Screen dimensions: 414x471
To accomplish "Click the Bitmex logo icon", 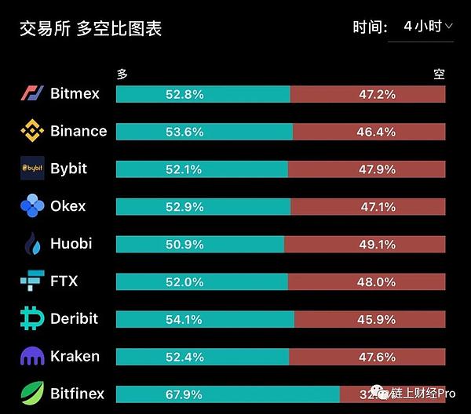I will pos(32,93).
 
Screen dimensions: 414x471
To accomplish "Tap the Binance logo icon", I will pos(32,131).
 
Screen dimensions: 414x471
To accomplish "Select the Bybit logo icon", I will pos(32,169).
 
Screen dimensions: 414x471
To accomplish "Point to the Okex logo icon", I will pos(32,206).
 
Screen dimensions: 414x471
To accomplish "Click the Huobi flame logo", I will pos(32,244).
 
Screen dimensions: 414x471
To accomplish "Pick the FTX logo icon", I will pos(32,281).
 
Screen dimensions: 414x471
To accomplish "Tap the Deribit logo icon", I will pos(32,318).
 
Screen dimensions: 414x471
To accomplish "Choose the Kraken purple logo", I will pos(32,356).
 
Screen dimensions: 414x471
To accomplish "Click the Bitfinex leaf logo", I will pos(32,393).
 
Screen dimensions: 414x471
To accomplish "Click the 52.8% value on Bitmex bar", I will pos(184,94).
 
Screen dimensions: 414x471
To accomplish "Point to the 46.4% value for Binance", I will pos(376,132).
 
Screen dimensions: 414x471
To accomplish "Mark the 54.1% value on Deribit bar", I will pos(184,319).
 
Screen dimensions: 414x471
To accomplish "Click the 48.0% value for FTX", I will pos(376,281).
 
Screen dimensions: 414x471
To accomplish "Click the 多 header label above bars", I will pos(122,74).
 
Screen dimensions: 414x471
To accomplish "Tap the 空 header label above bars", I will pos(439,74).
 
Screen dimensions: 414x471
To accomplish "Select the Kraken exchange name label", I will pos(75,356).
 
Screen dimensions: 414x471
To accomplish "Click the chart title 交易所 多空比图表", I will pos(90,29).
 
